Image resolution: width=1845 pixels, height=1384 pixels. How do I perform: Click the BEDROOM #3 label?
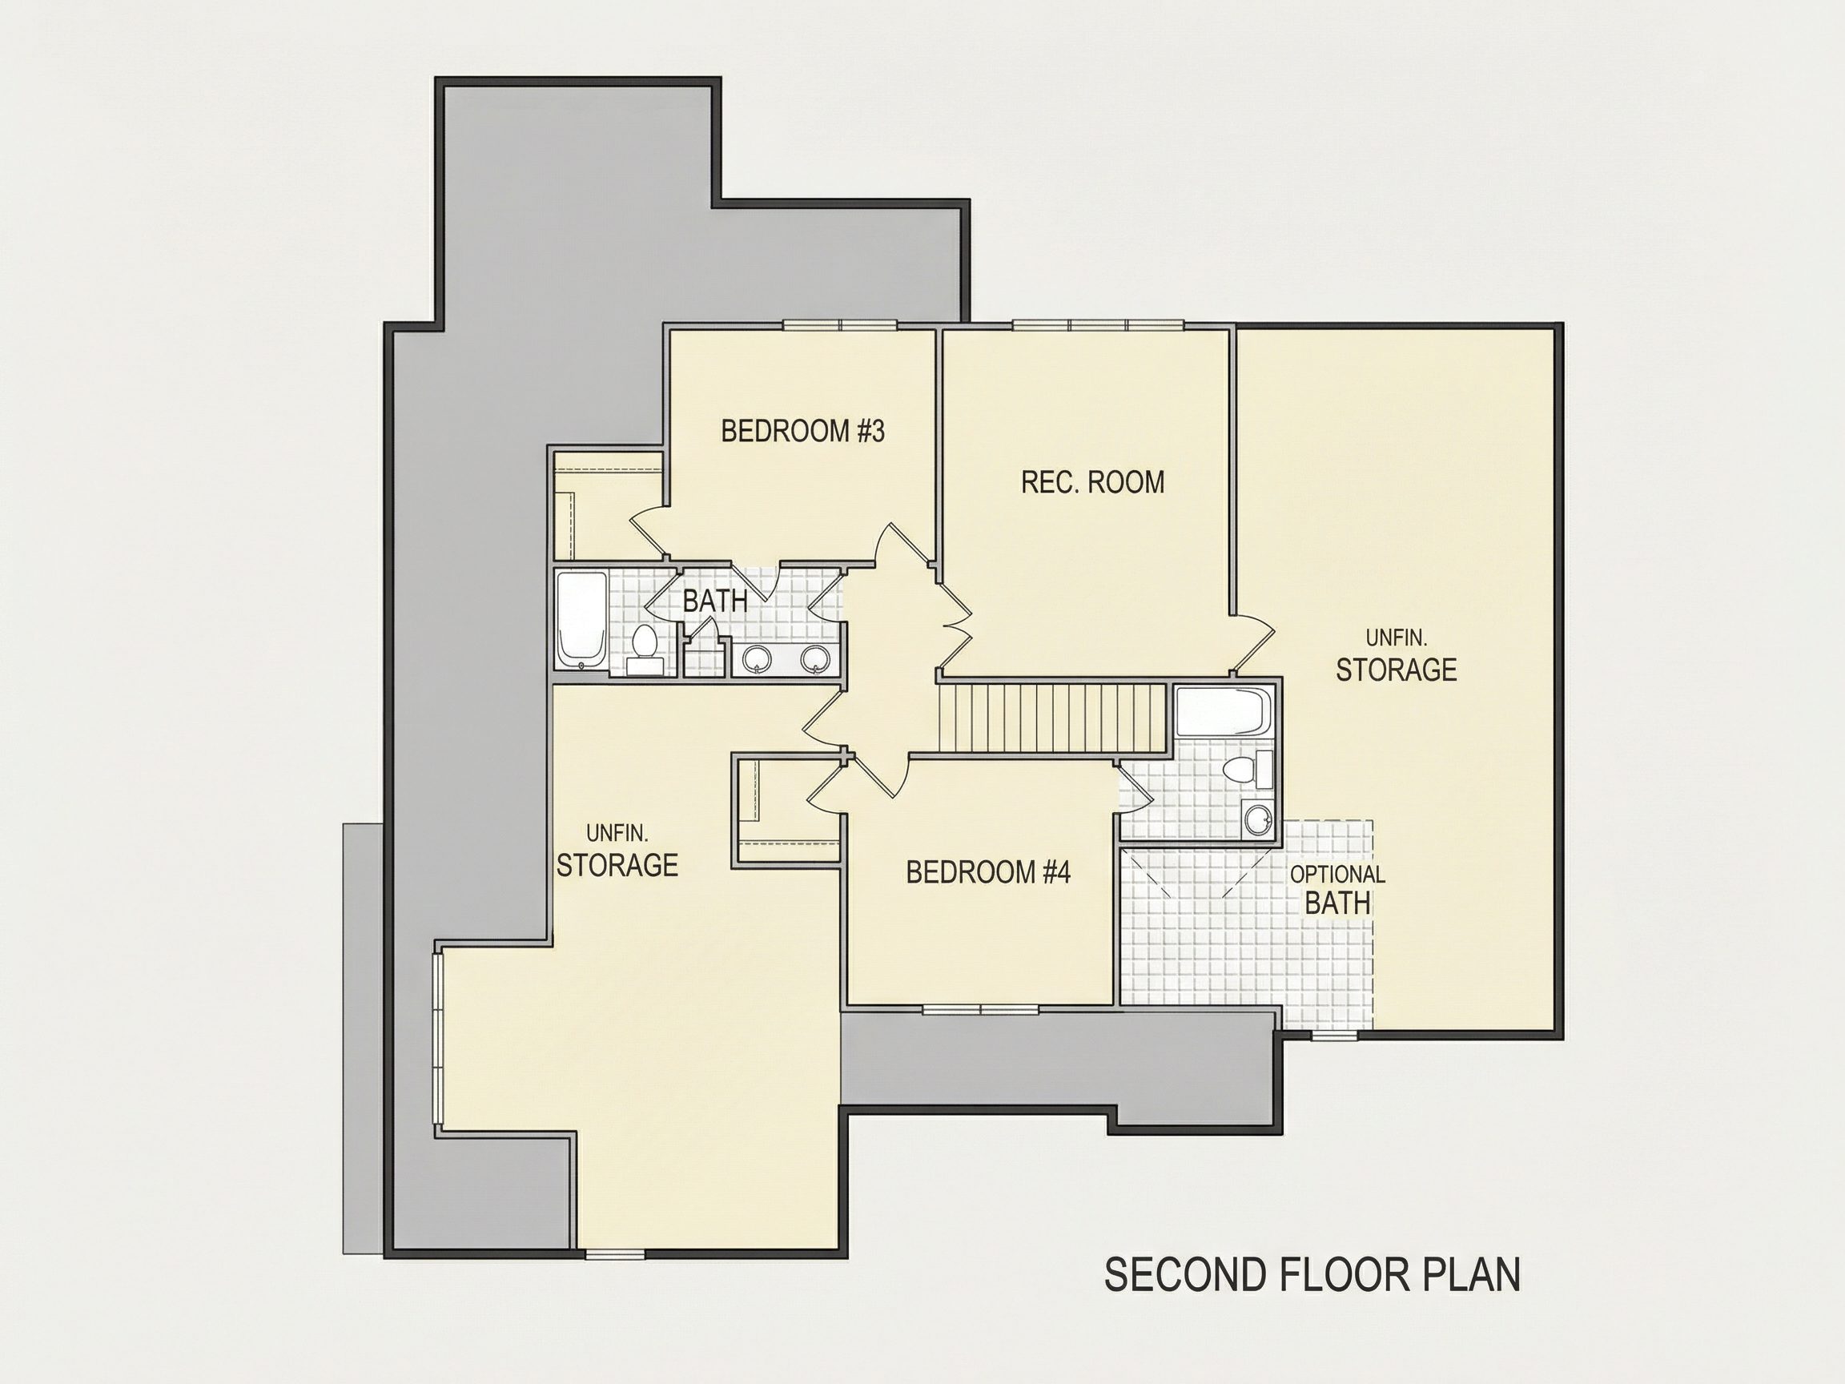(x=802, y=432)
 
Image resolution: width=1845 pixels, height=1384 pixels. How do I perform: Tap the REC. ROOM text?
(x=1092, y=482)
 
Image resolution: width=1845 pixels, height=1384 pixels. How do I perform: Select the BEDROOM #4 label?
(x=988, y=873)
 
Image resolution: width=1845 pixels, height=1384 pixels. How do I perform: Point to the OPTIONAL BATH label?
(x=1338, y=889)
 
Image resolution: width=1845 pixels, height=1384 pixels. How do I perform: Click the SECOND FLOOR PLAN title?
(x=1312, y=1275)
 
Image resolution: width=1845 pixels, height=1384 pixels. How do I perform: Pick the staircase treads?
(x=1052, y=718)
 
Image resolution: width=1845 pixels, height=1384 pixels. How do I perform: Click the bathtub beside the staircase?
(x=1224, y=711)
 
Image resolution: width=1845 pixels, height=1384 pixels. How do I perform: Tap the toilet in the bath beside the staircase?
(x=1248, y=768)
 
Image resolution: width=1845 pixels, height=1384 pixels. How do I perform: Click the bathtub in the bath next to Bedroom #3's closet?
(x=581, y=620)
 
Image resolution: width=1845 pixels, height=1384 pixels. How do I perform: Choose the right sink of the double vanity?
(x=816, y=659)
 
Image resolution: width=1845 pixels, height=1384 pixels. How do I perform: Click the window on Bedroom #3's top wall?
(x=840, y=325)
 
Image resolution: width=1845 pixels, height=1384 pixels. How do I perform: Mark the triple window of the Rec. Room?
(x=1099, y=325)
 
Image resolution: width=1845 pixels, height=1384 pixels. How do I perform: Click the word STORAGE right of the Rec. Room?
(x=1397, y=670)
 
